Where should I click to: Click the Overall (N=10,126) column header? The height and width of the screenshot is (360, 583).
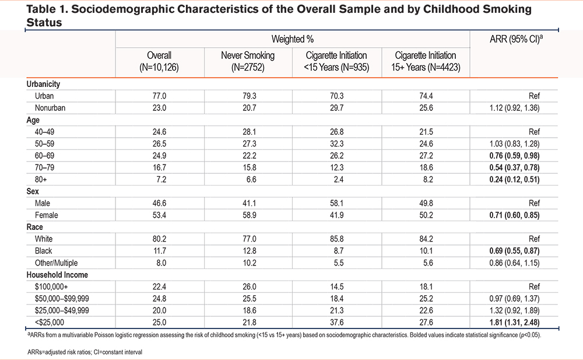click(159, 61)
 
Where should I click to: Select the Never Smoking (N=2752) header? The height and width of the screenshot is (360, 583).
click(248, 61)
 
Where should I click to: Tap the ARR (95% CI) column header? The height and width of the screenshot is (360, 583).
click(516, 39)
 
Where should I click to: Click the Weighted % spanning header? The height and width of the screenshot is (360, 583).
click(293, 39)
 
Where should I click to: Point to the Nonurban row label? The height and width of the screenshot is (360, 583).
click(50, 108)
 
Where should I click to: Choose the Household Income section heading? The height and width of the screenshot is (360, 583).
click(57, 275)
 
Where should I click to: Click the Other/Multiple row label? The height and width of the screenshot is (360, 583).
click(56, 263)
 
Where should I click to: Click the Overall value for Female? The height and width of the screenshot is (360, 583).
click(159, 215)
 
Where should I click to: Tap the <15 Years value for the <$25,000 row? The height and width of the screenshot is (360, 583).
click(337, 323)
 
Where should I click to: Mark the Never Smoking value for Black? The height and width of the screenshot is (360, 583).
click(249, 251)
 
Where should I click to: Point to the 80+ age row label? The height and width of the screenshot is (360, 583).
click(41, 180)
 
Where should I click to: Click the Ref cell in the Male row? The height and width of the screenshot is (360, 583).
click(534, 203)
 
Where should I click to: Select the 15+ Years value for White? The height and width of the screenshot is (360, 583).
click(426, 239)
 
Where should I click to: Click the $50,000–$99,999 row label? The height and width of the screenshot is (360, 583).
click(62, 299)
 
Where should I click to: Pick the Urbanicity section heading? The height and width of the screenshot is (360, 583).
click(43, 84)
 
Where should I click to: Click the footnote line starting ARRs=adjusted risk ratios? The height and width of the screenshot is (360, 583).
click(85, 352)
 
